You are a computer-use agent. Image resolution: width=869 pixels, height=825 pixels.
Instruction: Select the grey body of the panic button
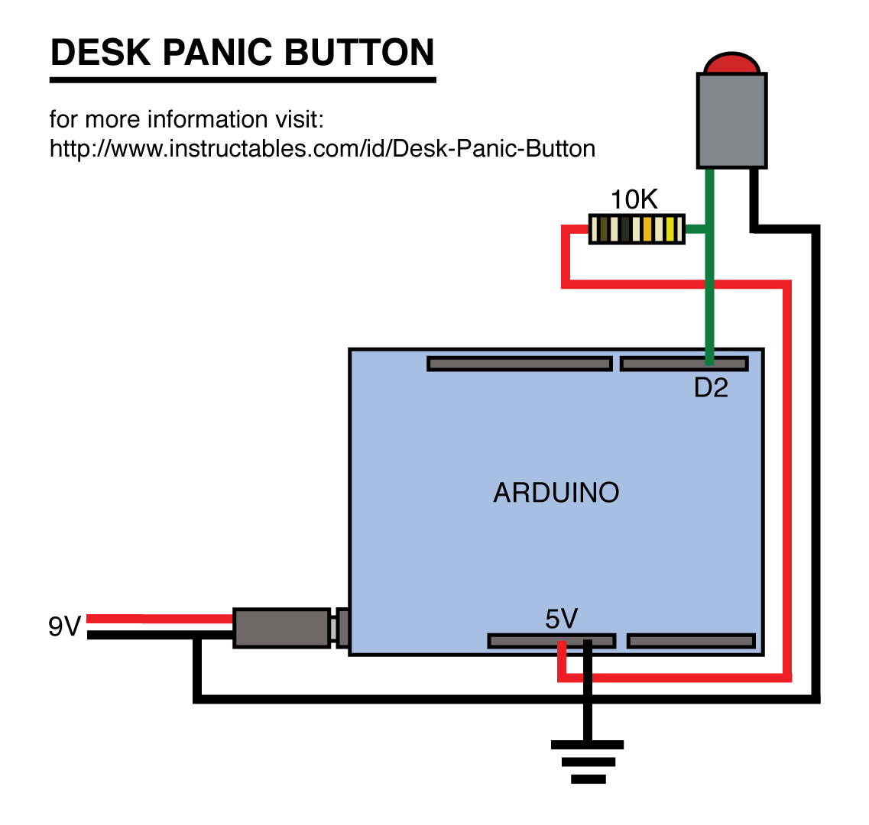pos(731,120)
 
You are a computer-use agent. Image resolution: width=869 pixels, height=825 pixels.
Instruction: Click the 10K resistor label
pos(634,200)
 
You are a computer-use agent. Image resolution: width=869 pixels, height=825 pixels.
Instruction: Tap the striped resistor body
pos(636,228)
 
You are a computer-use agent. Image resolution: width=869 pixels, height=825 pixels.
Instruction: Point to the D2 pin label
pos(711,388)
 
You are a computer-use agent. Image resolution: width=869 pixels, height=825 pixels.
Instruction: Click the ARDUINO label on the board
pos(556,493)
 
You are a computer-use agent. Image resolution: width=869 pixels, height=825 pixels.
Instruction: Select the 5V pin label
pos(561,619)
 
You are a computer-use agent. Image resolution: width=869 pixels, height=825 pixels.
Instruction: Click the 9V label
pos(64,627)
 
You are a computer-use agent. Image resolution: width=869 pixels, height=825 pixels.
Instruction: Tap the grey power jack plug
pos(281,628)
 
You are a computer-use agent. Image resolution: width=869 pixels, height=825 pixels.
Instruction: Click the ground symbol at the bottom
pos(588,761)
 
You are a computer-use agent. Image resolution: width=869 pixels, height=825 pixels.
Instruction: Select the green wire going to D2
pos(710,290)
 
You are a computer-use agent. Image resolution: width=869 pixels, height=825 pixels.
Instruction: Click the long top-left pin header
pos(520,364)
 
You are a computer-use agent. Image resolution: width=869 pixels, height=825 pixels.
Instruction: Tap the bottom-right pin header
pos(691,640)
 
